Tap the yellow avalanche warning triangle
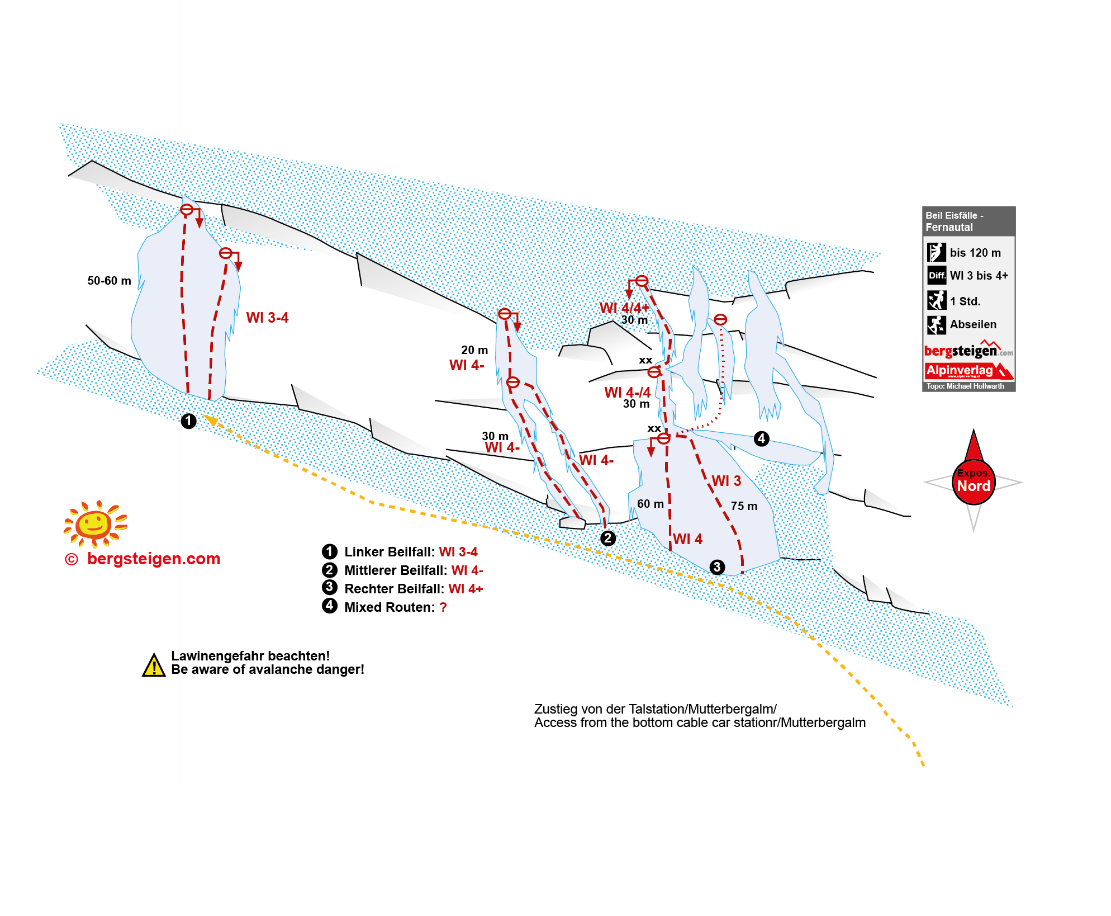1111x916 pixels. (x=154, y=665)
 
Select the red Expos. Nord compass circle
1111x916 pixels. (x=974, y=482)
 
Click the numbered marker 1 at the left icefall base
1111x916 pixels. (x=188, y=421)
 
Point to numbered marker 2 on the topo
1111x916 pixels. (x=608, y=538)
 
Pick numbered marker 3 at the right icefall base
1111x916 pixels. (x=717, y=567)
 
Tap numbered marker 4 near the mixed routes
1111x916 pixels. (x=761, y=438)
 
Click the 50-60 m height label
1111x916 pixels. (x=109, y=281)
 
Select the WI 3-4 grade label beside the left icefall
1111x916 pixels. (x=267, y=318)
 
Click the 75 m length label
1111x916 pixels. (x=744, y=506)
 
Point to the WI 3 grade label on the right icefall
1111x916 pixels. (x=726, y=481)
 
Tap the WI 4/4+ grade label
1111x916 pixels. (x=624, y=308)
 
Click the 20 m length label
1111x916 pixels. (x=474, y=350)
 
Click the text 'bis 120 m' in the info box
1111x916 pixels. (x=975, y=253)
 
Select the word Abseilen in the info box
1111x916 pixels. (x=973, y=324)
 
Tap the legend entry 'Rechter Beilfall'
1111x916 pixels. (x=394, y=589)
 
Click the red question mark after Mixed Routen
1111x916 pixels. (x=443, y=607)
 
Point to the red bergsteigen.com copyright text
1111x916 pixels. (x=154, y=559)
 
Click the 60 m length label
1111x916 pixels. (x=651, y=504)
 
